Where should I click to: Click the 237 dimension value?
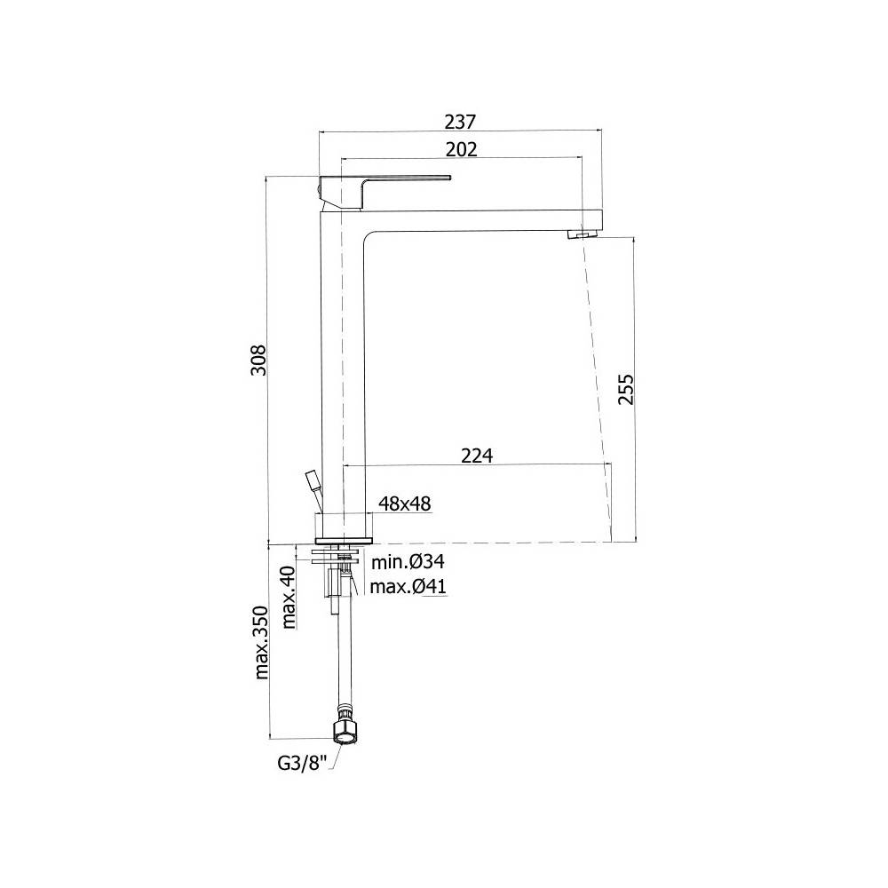pyautogui.click(x=461, y=121)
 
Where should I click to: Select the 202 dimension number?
pyautogui.click(x=461, y=149)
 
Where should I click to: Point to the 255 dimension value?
pyautogui.click(x=625, y=390)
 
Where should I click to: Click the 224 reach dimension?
pyautogui.click(x=477, y=455)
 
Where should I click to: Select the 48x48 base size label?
pyautogui.click(x=404, y=503)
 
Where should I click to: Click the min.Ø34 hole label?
pyautogui.click(x=408, y=561)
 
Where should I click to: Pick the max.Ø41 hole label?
pyautogui.click(x=408, y=586)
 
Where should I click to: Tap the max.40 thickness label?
pyautogui.click(x=289, y=598)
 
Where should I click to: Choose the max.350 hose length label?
pyautogui.click(x=261, y=642)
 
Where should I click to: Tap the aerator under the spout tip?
pyautogui.click(x=581, y=234)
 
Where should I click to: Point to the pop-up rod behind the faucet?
pyautogui.click(x=312, y=485)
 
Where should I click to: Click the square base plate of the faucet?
pyautogui.click(x=343, y=537)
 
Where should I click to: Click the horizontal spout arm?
pyautogui.click(x=480, y=219)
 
